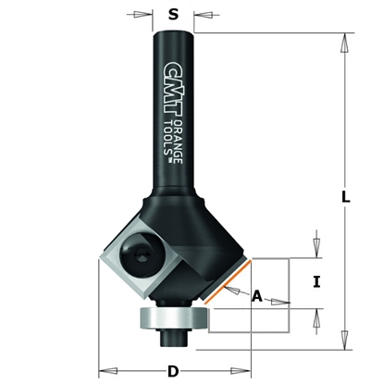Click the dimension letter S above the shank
tap(172, 15)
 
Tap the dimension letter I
tap(317, 283)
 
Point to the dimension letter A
tap(257, 296)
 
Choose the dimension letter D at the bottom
tap(172, 372)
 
